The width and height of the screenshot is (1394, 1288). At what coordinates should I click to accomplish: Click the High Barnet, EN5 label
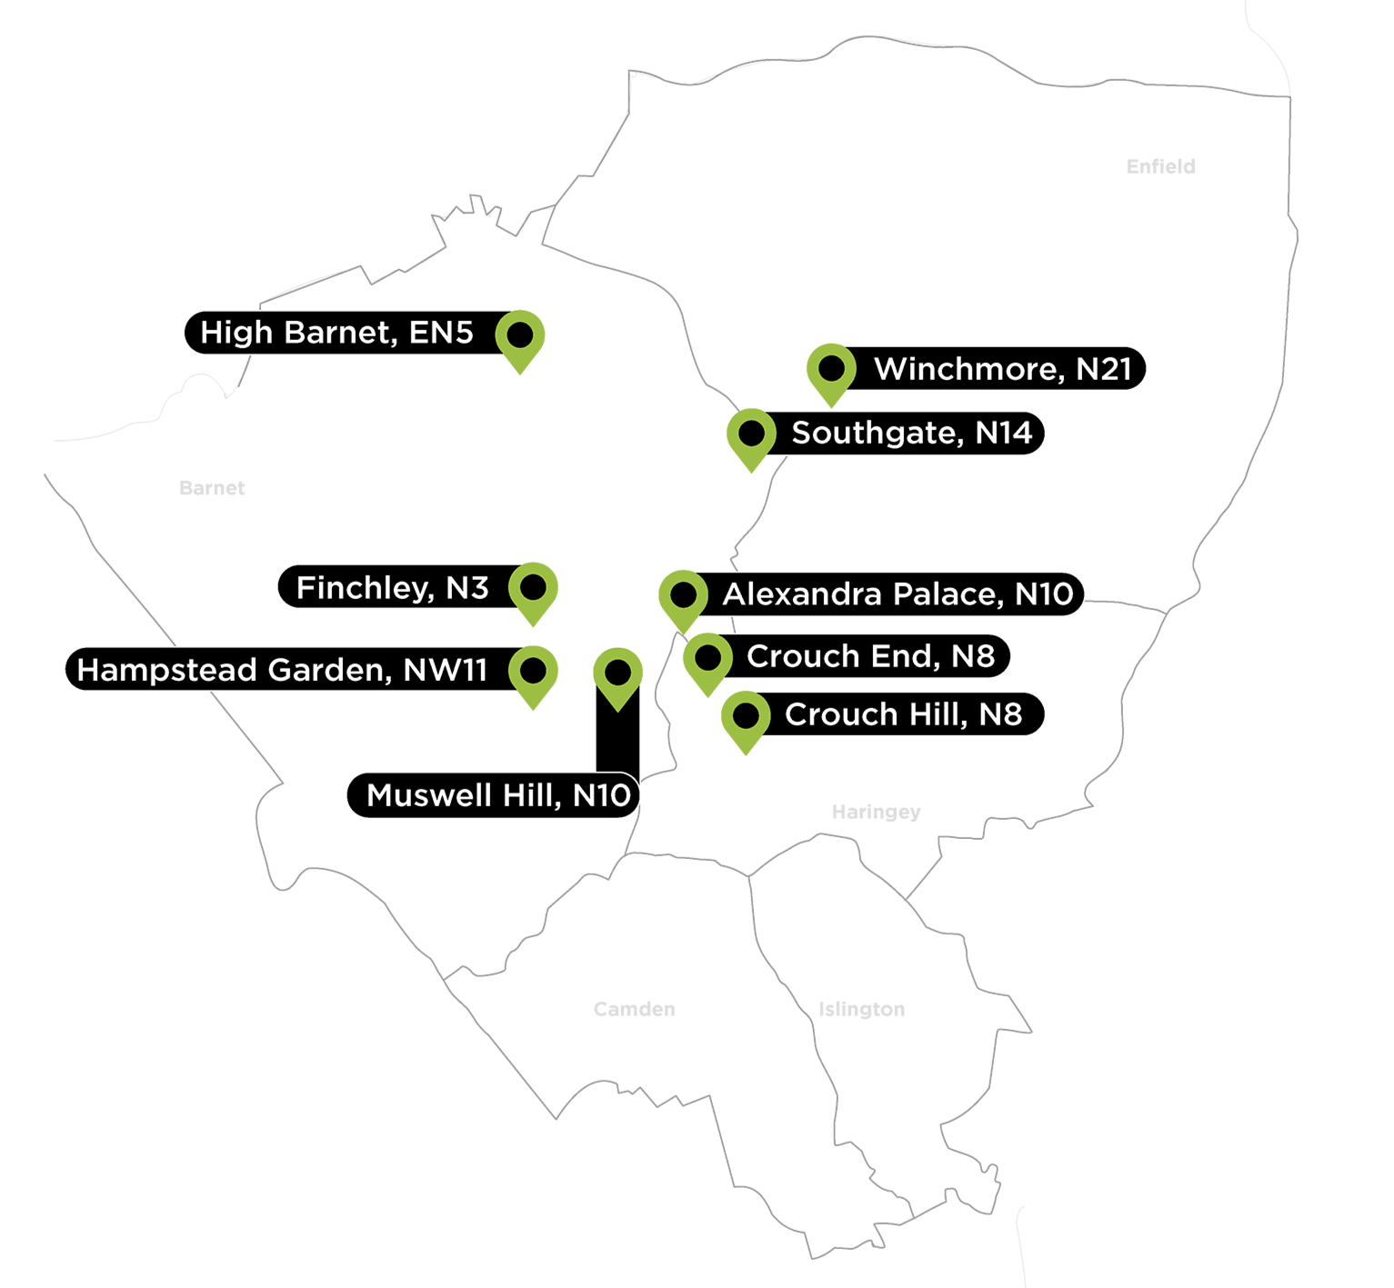(x=336, y=333)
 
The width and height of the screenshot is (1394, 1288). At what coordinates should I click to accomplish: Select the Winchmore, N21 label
(x=1002, y=369)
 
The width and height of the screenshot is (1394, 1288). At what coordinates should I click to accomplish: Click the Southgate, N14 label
(x=911, y=433)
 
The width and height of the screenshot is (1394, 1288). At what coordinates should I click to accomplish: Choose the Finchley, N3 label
(x=392, y=588)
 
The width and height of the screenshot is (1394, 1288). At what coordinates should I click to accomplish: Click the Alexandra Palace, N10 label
(x=898, y=594)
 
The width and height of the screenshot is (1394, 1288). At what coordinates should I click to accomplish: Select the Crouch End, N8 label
(x=870, y=656)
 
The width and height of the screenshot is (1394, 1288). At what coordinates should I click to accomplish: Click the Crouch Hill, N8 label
(x=903, y=714)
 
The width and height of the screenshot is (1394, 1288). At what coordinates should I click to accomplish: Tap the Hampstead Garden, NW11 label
(x=282, y=670)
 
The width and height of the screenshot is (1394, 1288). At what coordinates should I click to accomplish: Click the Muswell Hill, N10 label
(x=498, y=795)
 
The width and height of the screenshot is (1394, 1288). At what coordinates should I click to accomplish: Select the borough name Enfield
(x=1160, y=166)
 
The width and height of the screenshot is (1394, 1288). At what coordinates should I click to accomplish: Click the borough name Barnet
(x=212, y=488)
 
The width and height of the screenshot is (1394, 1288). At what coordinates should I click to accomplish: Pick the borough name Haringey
(x=876, y=812)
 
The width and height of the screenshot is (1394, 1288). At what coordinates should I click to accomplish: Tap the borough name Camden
(x=634, y=1009)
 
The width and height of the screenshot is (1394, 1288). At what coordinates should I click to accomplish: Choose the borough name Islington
(x=861, y=1009)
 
